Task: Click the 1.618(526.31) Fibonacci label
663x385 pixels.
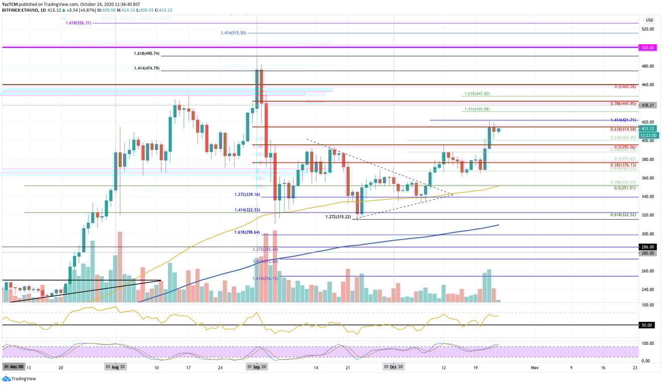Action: point(78,23)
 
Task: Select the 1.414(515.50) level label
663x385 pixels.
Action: point(234,33)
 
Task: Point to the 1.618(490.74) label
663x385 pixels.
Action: point(147,54)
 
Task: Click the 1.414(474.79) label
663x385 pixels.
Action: point(147,68)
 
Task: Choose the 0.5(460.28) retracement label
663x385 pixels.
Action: point(625,87)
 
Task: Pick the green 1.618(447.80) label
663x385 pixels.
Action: point(477,94)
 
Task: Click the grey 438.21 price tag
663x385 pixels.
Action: point(647,106)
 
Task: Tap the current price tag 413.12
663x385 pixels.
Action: point(647,129)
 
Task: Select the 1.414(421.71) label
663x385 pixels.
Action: point(623,120)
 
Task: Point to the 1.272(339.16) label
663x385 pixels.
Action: point(248,195)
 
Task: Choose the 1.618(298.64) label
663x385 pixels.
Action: point(248,232)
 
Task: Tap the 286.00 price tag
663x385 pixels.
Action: point(647,247)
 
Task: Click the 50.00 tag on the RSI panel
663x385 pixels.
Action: point(646,325)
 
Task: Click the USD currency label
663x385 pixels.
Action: point(649,20)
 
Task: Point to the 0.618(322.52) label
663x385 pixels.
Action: point(624,215)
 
